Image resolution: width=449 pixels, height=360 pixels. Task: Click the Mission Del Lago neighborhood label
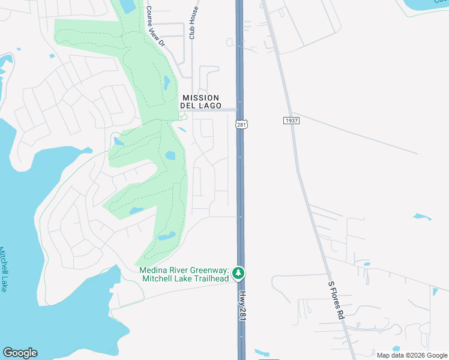click(x=201, y=101)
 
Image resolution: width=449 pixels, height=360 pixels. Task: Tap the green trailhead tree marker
click(x=238, y=274)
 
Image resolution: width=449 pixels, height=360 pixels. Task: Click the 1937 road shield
click(x=291, y=121)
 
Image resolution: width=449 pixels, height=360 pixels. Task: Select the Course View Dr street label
click(x=154, y=26)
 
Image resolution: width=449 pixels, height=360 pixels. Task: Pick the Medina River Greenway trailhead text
click(x=184, y=274)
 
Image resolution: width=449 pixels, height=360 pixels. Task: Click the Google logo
click(x=20, y=353)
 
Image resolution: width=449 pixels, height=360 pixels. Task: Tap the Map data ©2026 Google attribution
click(x=411, y=355)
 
